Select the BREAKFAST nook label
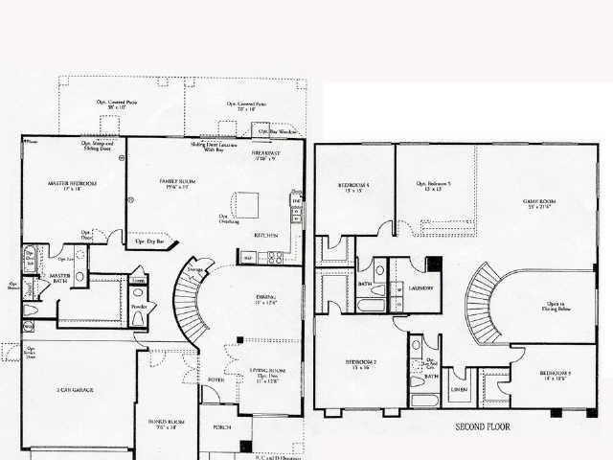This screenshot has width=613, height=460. click(265, 152)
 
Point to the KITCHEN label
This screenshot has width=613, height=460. click(266, 235)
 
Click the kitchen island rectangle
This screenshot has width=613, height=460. click(252, 204)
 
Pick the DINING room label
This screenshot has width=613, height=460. click(266, 297)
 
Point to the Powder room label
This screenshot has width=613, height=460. click(139, 307)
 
